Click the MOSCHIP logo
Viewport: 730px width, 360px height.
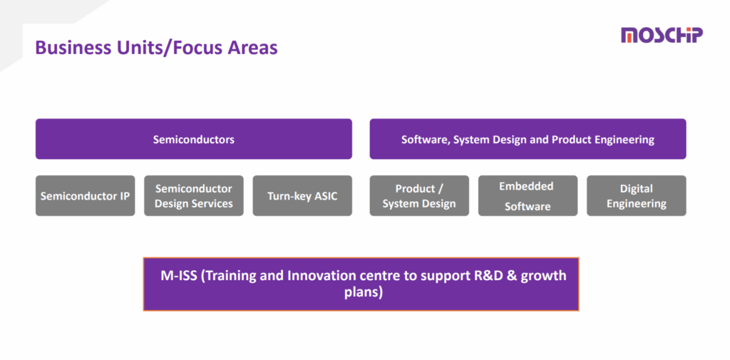point(661,35)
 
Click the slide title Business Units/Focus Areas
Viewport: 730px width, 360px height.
point(156,48)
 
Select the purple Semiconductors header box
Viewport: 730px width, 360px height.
point(193,139)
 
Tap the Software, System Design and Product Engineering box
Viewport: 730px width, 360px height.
point(528,139)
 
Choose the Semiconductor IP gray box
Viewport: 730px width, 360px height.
point(85,195)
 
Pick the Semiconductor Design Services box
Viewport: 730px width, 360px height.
point(193,195)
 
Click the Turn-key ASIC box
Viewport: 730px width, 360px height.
point(302,195)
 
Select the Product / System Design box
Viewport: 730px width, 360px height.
point(419,195)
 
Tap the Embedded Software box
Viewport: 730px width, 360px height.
point(528,195)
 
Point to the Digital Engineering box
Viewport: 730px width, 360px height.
point(636,195)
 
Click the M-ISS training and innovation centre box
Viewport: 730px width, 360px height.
point(361,284)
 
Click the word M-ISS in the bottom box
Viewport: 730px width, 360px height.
point(179,275)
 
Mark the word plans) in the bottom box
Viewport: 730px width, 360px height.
point(362,292)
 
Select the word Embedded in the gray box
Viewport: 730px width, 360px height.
point(526,186)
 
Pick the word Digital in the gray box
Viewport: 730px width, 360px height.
point(636,188)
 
